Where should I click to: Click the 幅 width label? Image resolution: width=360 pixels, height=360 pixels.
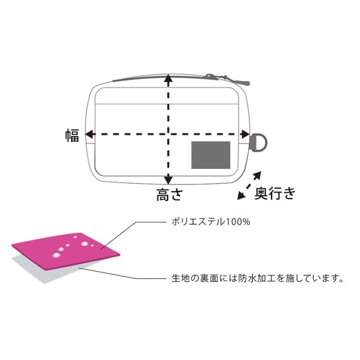pos(73,136)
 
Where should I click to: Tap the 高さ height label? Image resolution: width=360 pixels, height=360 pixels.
pos(169,195)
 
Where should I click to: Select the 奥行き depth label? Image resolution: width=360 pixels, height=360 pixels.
pos(275,193)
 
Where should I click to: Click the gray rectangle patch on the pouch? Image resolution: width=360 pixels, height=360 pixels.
pos(211,155)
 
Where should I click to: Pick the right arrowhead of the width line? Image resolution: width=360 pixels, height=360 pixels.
pos(245,134)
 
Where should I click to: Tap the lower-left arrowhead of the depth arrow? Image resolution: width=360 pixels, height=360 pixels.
pos(241,195)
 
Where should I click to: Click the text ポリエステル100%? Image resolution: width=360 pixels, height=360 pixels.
pos(211,222)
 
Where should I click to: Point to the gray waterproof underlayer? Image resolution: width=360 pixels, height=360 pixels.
pos(46,271)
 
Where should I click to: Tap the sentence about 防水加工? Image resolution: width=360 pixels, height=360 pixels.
pos(258,279)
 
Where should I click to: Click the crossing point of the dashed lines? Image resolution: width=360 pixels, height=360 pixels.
pos(169,134)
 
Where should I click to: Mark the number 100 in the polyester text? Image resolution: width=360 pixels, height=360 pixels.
pos(234,222)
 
